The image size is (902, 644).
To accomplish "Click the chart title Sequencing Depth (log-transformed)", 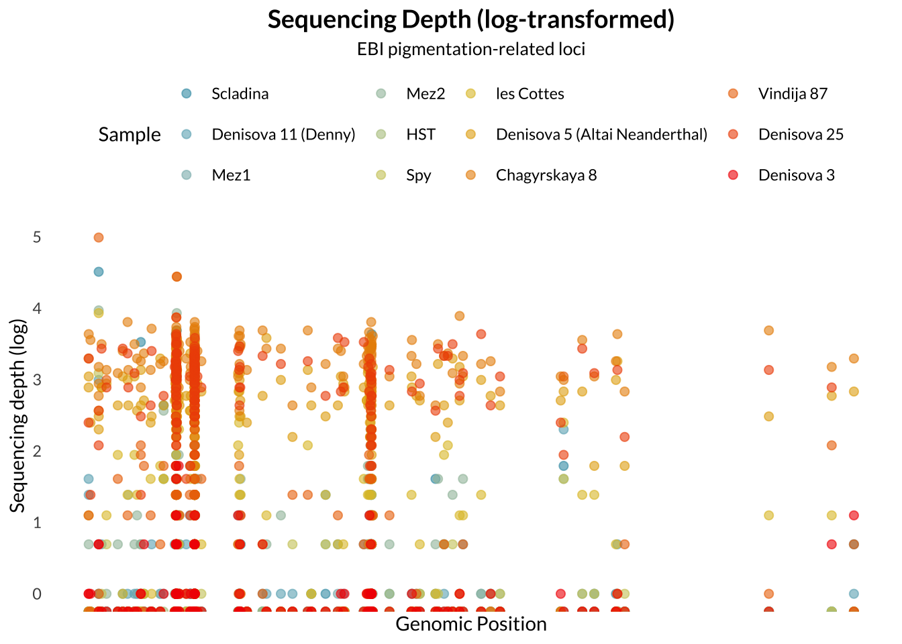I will tap(471, 19).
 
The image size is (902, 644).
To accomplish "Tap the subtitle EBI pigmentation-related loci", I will tap(471, 49).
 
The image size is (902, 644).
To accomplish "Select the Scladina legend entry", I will tap(240, 94).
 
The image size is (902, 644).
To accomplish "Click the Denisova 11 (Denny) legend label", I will tap(283, 134).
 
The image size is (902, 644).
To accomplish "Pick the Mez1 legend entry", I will tap(231, 175).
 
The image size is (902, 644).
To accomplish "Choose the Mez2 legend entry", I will tap(425, 94).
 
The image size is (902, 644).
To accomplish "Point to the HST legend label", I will tap(421, 134).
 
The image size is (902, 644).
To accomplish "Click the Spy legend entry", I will tap(419, 175).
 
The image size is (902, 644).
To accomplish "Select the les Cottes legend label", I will tap(530, 94).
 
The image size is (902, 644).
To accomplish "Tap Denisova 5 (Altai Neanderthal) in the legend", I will tap(601, 134).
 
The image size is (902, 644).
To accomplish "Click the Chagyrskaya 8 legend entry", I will tap(546, 175).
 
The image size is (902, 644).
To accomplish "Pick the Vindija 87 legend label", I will tap(793, 94).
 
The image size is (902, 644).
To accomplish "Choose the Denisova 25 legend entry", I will tap(801, 134).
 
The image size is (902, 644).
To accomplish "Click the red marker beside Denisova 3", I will tap(733, 175).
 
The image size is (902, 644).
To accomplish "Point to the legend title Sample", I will tap(130, 134).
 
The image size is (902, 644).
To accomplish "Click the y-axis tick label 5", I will tap(37, 237).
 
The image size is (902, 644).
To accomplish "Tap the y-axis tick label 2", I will tap(37, 451).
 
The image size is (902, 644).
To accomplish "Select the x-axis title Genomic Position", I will tap(471, 624).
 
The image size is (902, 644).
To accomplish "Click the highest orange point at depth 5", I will tap(99, 237).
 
